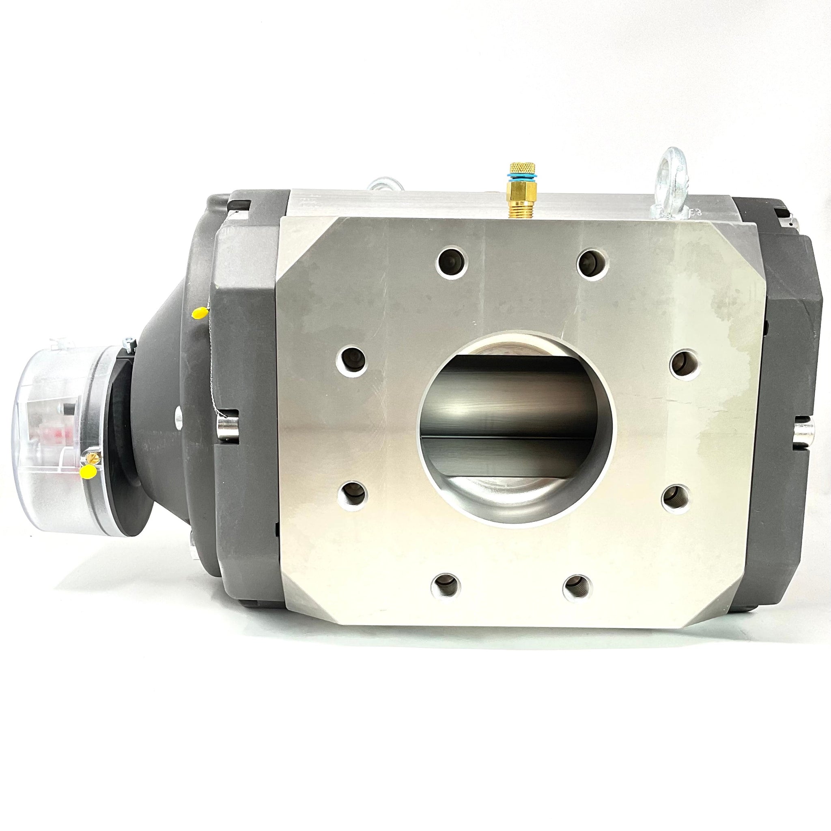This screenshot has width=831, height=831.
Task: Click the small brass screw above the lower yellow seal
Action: pyautogui.click(x=91, y=456)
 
